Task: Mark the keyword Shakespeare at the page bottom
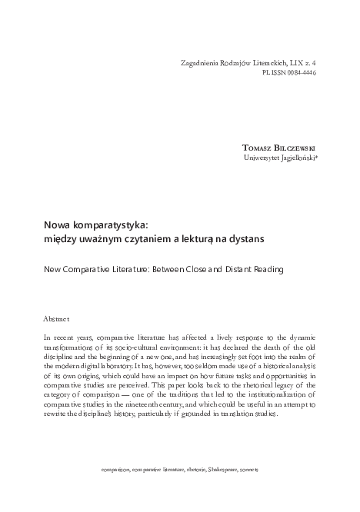coord(218,469)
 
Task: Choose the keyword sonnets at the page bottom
coord(250,469)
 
